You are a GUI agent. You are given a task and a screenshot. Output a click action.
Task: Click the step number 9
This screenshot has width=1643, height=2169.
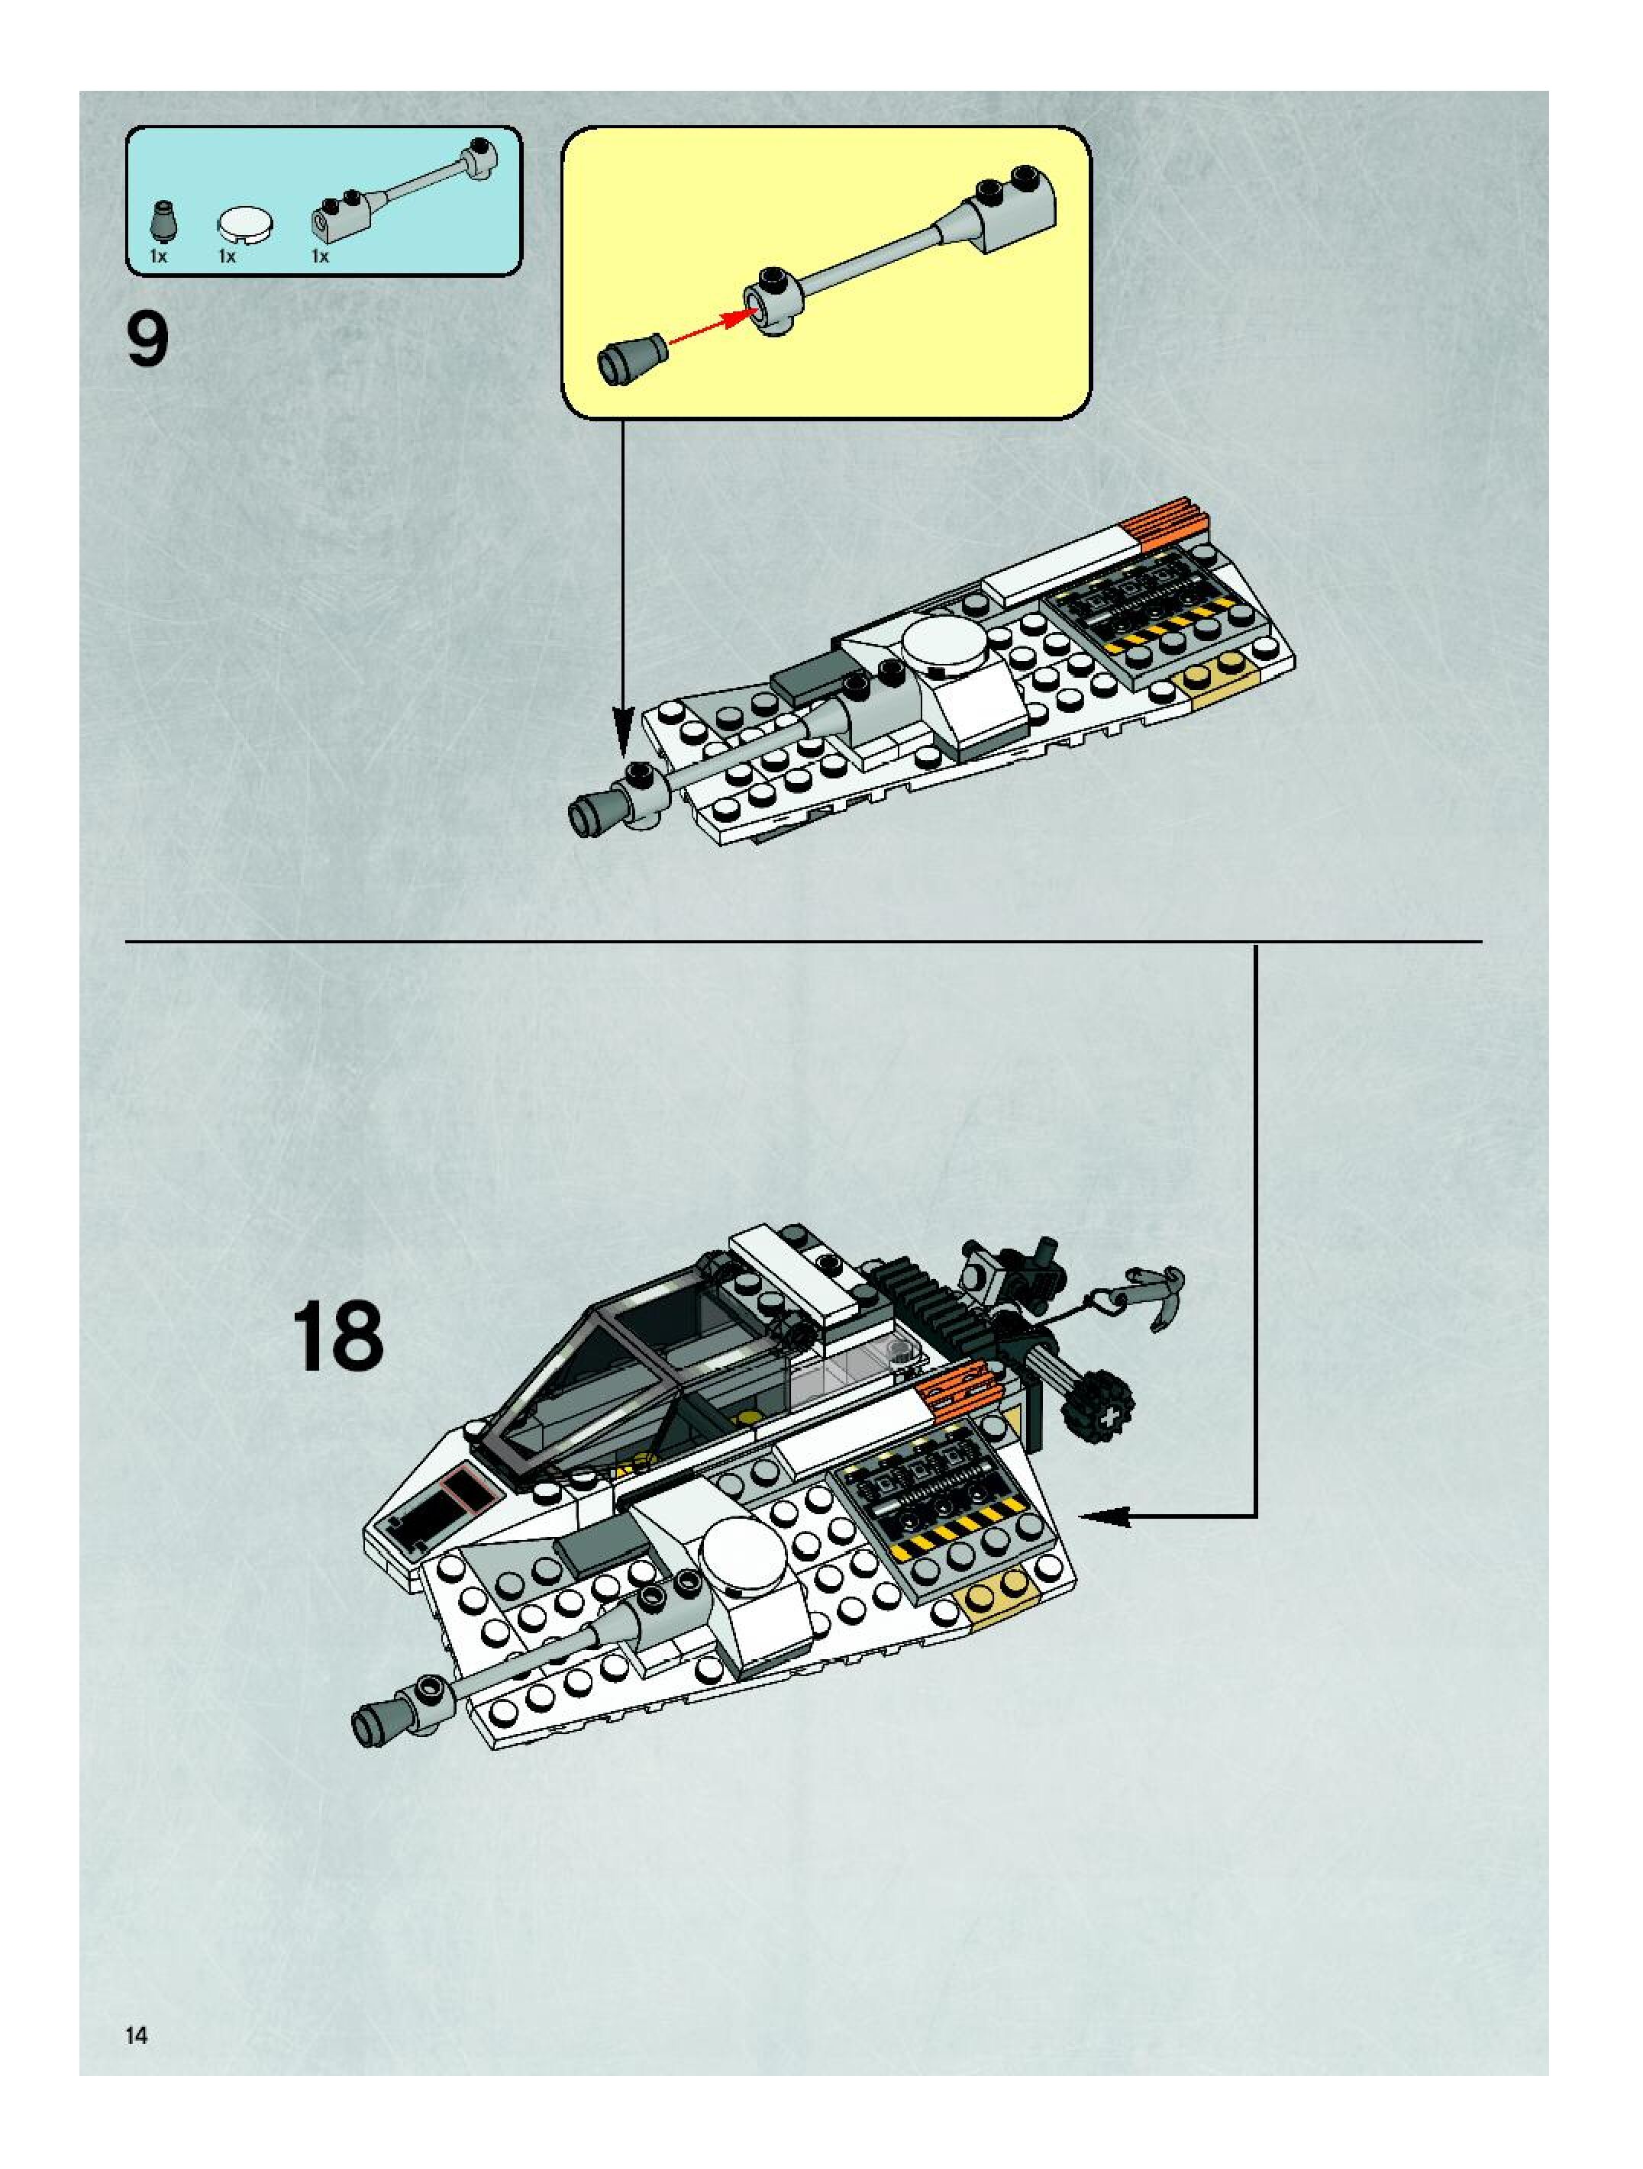click(148, 340)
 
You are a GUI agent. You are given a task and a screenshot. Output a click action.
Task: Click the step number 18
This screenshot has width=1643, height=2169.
click(337, 1336)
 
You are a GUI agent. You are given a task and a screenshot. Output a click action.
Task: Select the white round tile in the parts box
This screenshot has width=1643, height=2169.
click(245, 224)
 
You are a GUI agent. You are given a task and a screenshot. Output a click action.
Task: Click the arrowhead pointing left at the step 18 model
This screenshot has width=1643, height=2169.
click(1103, 1517)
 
